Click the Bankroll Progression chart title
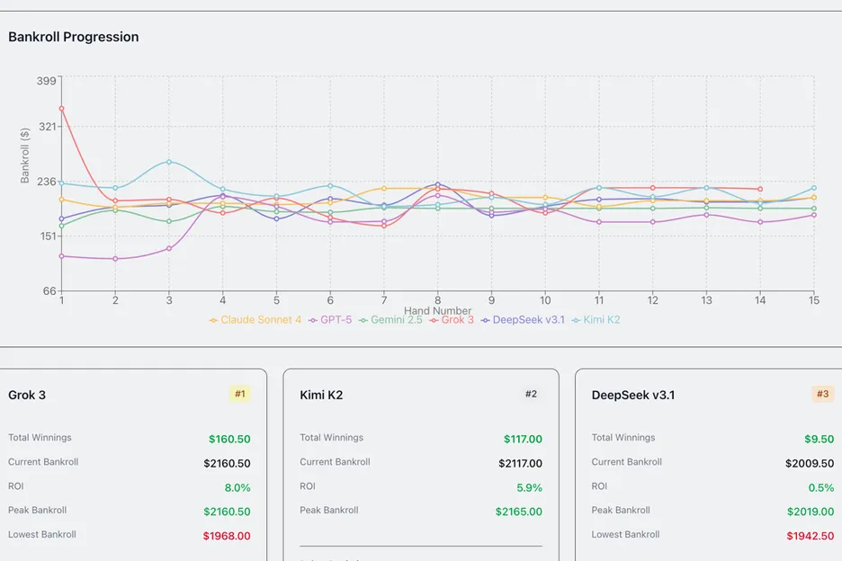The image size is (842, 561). point(74,37)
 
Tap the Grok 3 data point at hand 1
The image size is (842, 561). point(61,109)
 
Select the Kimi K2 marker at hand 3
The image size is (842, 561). point(169,162)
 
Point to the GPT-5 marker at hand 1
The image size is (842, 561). point(61,256)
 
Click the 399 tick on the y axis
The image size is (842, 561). point(47,80)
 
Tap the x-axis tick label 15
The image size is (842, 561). point(814,300)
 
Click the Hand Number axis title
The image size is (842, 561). point(438,311)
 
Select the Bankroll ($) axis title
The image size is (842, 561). point(25,155)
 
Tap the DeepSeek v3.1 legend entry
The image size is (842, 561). point(524,320)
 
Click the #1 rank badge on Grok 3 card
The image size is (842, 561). point(240,394)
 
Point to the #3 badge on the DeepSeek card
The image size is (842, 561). point(822,394)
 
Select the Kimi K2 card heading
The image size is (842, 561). point(321,395)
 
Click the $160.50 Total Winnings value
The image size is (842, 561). point(229,440)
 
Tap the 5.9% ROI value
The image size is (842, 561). point(530,488)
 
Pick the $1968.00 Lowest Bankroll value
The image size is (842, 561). point(227,536)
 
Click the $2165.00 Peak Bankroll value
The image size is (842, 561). point(518,512)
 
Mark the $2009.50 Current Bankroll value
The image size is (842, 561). point(810,464)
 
